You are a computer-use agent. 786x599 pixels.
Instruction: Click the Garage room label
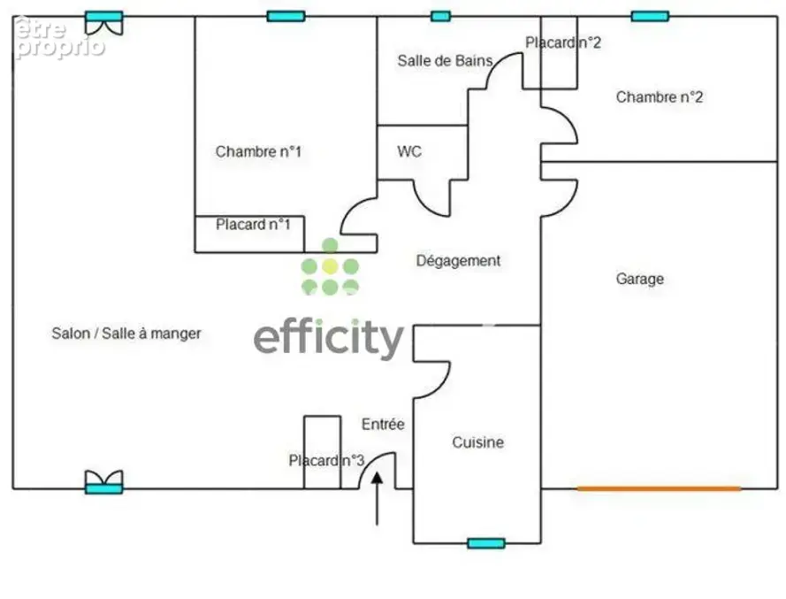click(639, 279)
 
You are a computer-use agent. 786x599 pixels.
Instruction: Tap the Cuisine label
click(477, 442)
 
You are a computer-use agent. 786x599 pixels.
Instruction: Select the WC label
click(409, 151)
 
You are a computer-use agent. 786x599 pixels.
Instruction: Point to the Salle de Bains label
click(445, 61)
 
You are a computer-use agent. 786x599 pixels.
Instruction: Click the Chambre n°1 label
click(259, 151)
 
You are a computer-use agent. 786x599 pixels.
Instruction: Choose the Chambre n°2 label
click(660, 96)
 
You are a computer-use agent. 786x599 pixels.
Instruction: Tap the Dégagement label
click(458, 261)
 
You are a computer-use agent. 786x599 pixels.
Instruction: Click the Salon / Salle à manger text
click(126, 334)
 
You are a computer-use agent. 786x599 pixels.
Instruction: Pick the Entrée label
click(383, 424)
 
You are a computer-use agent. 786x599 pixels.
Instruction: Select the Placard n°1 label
click(253, 224)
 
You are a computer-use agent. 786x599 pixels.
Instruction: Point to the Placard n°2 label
click(563, 42)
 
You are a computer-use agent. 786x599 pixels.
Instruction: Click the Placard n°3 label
click(326, 460)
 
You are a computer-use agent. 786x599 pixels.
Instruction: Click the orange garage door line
click(659, 488)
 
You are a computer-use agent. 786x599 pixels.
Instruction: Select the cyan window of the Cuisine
click(485, 542)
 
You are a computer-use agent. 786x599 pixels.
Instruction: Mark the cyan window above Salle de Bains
click(440, 16)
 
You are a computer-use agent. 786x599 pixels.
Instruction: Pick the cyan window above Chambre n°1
click(286, 16)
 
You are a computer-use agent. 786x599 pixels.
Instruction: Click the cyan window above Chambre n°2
click(650, 16)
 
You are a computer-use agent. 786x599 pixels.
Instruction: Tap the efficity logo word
click(329, 338)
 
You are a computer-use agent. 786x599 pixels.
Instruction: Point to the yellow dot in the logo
click(329, 266)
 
